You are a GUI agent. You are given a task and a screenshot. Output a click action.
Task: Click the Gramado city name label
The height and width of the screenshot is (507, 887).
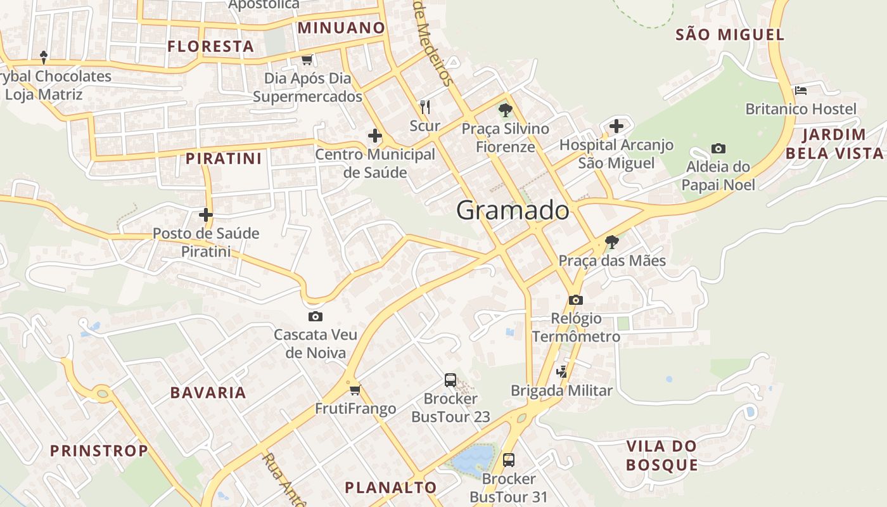click(x=513, y=210)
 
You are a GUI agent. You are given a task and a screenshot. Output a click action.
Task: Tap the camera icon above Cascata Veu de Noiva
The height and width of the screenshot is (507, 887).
click(x=315, y=316)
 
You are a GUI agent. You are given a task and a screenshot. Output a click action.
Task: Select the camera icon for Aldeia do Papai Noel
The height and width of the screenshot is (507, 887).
click(x=718, y=148)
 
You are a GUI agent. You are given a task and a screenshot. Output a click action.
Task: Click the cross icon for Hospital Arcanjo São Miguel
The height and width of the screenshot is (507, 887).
click(x=616, y=126)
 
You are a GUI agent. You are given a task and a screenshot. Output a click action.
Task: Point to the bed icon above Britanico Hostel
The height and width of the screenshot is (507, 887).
click(x=800, y=91)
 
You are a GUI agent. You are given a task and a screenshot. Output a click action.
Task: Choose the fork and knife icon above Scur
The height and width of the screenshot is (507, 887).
click(x=424, y=106)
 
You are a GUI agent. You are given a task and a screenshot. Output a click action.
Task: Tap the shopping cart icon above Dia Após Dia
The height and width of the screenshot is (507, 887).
click(x=307, y=60)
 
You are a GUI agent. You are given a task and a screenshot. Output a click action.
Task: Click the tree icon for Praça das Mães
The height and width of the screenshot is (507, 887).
click(x=611, y=241)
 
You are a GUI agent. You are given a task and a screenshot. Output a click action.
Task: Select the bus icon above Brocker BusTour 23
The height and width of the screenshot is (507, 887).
click(x=450, y=380)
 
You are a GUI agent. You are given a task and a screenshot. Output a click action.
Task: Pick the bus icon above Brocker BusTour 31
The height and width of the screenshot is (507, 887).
click(x=508, y=459)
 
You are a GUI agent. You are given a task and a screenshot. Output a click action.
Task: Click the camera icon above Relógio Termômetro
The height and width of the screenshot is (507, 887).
click(x=575, y=300)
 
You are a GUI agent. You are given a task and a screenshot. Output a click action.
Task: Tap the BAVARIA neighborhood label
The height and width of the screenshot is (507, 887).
click(x=208, y=392)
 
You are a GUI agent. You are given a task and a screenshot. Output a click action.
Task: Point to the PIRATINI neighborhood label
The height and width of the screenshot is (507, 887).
click(x=224, y=158)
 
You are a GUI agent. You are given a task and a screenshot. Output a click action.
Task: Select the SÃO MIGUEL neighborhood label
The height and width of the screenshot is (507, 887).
click(x=730, y=35)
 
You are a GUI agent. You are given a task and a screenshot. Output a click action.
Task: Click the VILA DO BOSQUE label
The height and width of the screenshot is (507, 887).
click(x=661, y=455)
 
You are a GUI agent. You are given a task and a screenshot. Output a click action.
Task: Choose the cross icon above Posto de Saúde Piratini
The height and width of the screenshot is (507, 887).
click(x=205, y=214)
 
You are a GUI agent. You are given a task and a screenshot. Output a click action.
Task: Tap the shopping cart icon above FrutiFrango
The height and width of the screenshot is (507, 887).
click(x=355, y=390)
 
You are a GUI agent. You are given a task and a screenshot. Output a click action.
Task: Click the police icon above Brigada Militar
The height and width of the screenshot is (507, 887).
click(x=561, y=372)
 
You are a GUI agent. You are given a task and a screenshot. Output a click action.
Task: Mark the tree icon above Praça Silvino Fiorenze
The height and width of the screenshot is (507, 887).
click(x=505, y=110)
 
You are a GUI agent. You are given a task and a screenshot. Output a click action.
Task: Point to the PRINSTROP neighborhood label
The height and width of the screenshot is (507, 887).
click(x=99, y=451)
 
